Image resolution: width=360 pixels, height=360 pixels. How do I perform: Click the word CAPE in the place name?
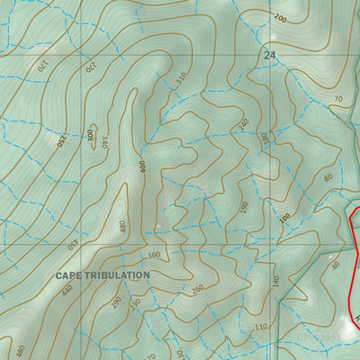pyautogui.click(x=72, y=274)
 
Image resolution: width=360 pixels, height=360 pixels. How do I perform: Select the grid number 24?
pyautogui.click(x=269, y=56)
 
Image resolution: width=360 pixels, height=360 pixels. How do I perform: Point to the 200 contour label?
pyautogui.click(x=280, y=18)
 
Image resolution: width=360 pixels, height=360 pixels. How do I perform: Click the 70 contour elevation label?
pyautogui.click(x=338, y=98)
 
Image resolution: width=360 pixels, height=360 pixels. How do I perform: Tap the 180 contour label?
pyautogui.click(x=265, y=139)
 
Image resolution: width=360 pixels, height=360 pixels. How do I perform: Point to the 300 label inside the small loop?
pyautogui.click(x=90, y=134)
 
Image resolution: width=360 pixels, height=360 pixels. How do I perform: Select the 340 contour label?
pyautogui.click(x=103, y=141)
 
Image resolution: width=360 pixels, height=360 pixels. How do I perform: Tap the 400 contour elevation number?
pyautogui.click(x=142, y=167)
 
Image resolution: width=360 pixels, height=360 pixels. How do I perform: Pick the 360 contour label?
pyautogui.click(x=153, y=256)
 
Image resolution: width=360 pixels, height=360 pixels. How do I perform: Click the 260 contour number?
pyautogui.click(x=198, y=290)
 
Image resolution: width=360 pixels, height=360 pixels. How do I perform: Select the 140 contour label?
pyautogui.click(x=275, y=280)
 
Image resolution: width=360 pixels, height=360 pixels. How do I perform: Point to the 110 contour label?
pyautogui.click(x=262, y=326)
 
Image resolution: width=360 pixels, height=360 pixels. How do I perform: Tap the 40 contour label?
pyautogui.click(x=336, y=265)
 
